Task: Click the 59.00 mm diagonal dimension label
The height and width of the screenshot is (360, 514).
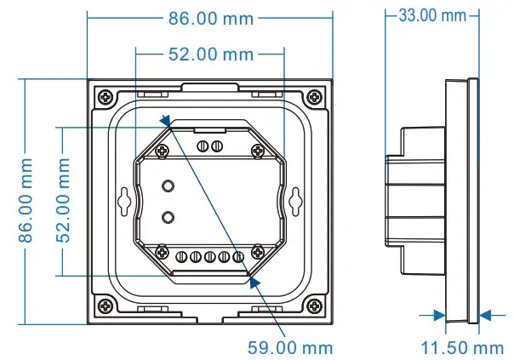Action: point(290,347)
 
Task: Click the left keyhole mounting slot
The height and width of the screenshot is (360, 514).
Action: point(125,200)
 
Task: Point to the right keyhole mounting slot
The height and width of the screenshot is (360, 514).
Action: point(294,200)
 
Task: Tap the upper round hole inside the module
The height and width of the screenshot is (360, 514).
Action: point(168,186)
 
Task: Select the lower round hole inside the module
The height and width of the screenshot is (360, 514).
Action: point(168,216)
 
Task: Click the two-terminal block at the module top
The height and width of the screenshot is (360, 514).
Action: point(208,146)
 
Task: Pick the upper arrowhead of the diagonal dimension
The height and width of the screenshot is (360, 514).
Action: point(165,122)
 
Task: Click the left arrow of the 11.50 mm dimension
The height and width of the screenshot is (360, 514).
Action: point(440,315)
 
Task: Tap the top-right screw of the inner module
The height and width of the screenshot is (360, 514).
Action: point(258,150)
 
